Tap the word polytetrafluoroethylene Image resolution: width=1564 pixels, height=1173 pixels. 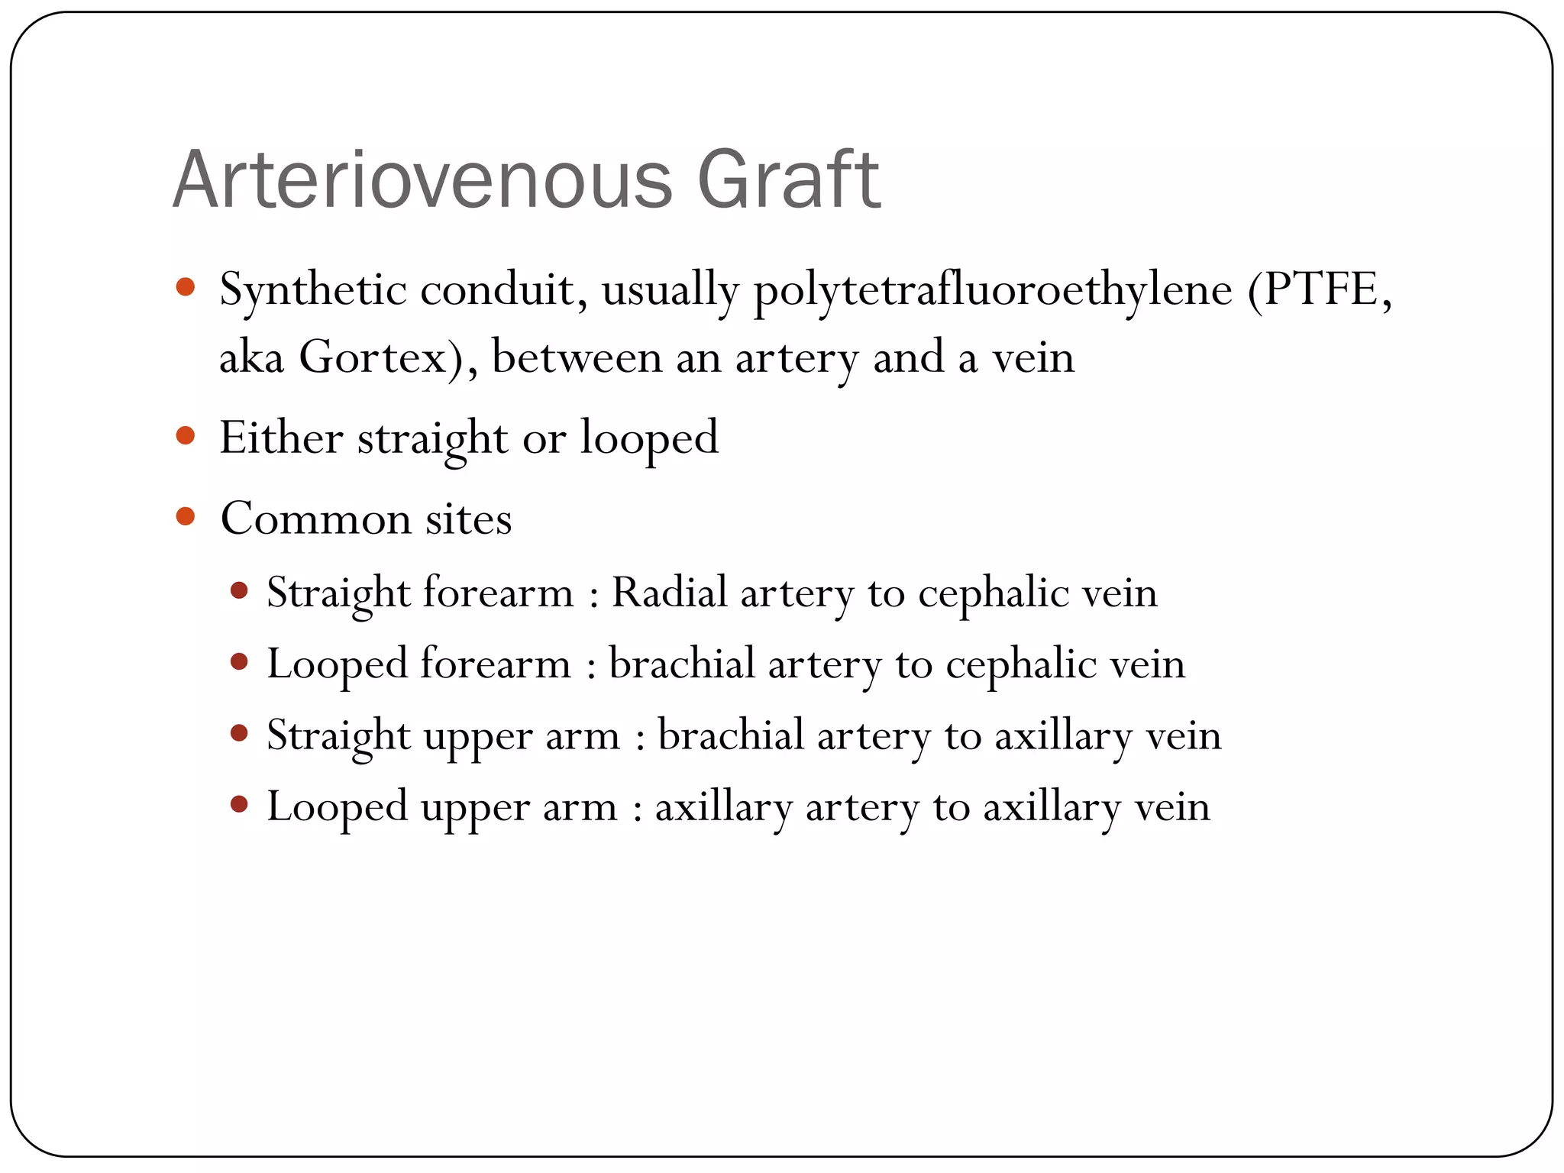pyautogui.click(x=993, y=291)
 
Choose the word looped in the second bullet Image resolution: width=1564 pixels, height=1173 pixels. pyautogui.click(x=649, y=439)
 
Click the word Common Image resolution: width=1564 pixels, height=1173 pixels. pyautogui.click(x=315, y=519)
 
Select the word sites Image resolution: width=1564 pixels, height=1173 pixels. pyautogui.click(x=468, y=519)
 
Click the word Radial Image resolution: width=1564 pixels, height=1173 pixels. pyautogui.click(x=670, y=592)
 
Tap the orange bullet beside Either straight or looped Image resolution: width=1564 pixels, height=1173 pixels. pyautogui.click(x=186, y=436)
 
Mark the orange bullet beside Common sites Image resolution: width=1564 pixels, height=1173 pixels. pyautogui.click(x=186, y=517)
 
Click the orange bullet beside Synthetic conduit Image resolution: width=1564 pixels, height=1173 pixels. pyautogui.click(x=186, y=288)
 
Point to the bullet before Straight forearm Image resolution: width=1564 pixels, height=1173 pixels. pyautogui.click(x=239, y=590)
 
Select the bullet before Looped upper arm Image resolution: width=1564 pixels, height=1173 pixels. pyautogui.click(x=239, y=804)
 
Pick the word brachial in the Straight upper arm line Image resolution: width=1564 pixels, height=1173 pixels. pyautogui.click(x=731, y=735)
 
